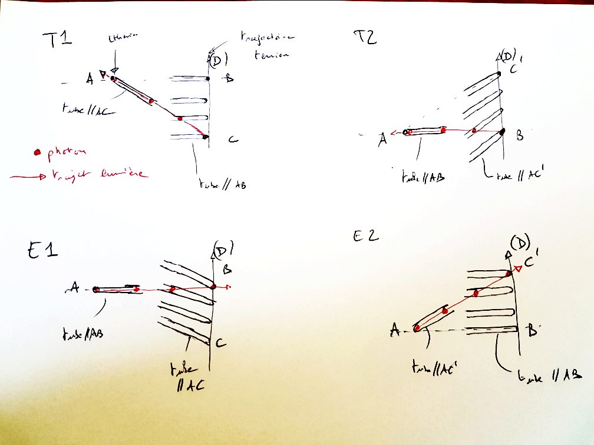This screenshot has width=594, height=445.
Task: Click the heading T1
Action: (x=57, y=40)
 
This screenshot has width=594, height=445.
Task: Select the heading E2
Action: (x=366, y=237)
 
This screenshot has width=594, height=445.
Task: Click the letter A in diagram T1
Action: (x=90, y=78)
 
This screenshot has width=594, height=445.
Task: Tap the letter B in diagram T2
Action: (x=520, y=135)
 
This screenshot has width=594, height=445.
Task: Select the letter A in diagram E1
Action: (x=75, y=288)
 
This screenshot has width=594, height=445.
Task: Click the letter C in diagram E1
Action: (x=219, y=344)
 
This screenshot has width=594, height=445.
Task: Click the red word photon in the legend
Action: (x=67, y=152)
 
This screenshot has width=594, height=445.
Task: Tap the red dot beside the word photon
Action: (x=38, y=153)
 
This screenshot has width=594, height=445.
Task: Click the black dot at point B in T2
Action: (x=503, y=132)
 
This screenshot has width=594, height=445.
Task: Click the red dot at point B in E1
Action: (x=214, y=287)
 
